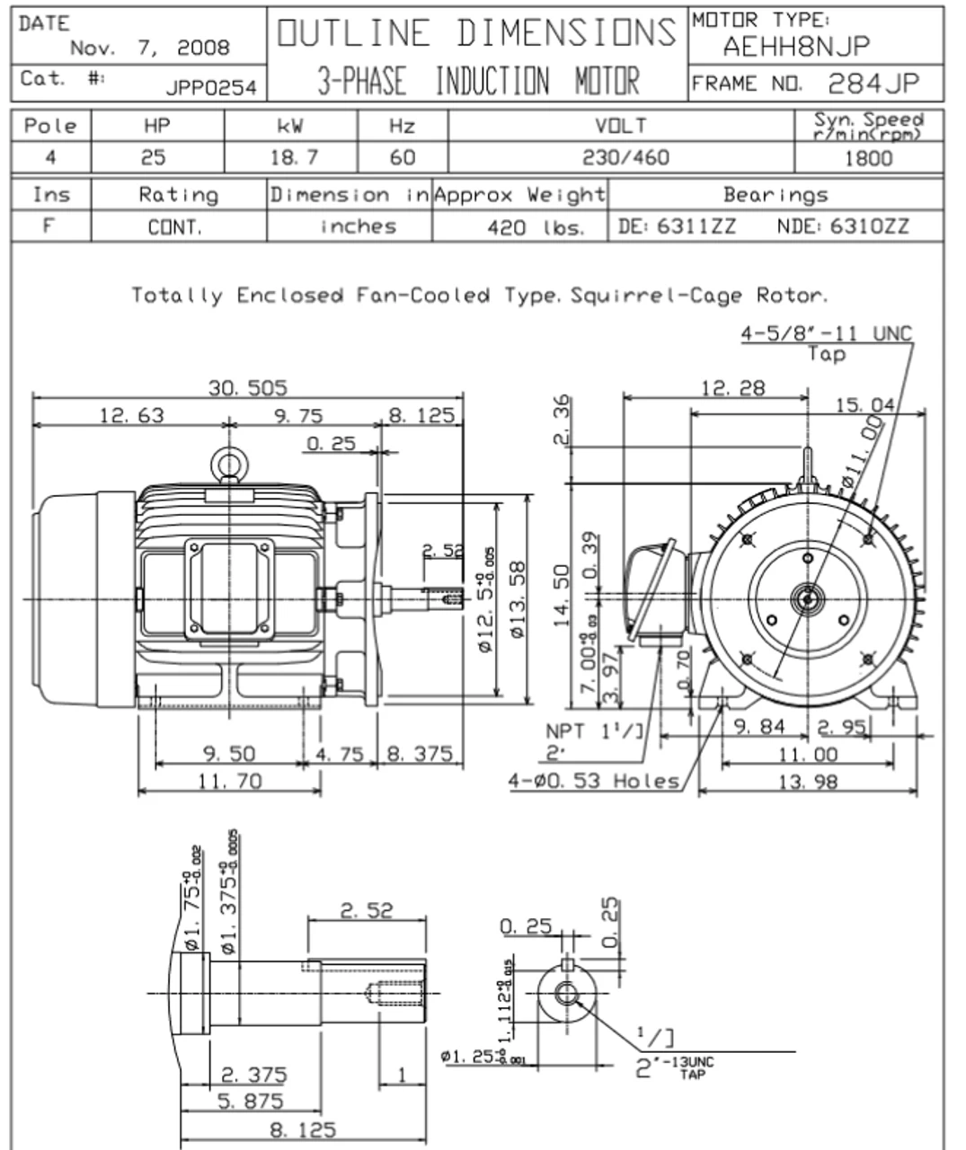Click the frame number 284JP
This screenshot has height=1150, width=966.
(x=873, y=84)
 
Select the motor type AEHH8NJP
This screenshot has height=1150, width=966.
(x=796, y=46)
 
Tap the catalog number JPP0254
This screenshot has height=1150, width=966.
(x=211, y=87)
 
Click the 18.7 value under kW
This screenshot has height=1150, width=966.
(x=294, y=158)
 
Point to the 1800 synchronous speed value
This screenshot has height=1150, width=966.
(x=869, y=158)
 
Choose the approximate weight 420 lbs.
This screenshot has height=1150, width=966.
(x=535, y=227)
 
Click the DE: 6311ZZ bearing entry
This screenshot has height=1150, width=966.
(x=677, y=226)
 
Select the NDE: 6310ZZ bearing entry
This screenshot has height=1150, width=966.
(x=842, y=226)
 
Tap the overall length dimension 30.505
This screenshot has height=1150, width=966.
(x=248, y=388)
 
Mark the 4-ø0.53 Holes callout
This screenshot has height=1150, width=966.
(x=594, y=781)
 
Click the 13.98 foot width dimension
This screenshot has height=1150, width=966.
(x=807, y=782)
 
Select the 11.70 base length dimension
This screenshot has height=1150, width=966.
(x=230, y=782)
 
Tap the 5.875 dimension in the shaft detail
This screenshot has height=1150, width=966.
(x=251, y=1101)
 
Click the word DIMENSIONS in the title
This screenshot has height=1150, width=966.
(x=565, y=32)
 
